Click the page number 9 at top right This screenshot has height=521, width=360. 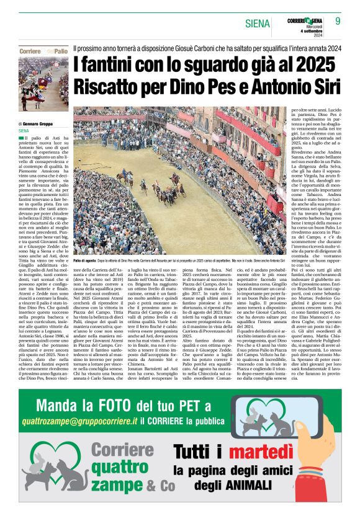pyautogui.click(x=339, y=22)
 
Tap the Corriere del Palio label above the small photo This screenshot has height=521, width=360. pyautogui.click(x=44, y=50)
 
